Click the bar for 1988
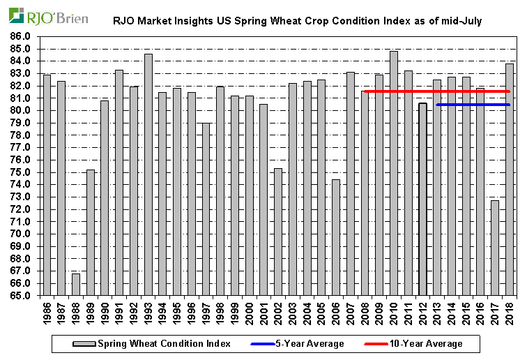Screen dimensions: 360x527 (76, 284)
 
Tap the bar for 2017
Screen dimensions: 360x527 (495, 248)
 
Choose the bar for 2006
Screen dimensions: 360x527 (336, 237)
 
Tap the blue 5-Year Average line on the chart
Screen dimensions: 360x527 (473, 105)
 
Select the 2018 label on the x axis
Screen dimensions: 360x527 (510, 311)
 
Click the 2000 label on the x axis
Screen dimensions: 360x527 (250, 311)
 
